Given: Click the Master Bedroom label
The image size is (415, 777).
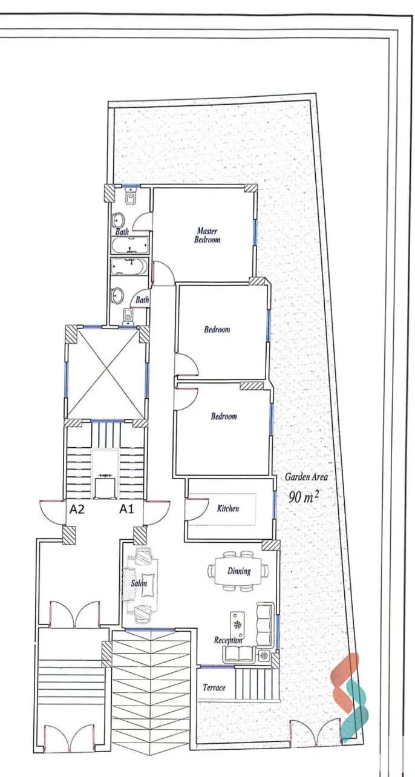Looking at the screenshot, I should coord(207,235).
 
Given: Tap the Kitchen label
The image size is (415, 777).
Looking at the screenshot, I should coord(227,508).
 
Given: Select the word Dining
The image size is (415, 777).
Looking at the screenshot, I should coord(239,571).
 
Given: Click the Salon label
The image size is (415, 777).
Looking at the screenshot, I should coord(139,583).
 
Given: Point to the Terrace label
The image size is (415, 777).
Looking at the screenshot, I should coord(214,687).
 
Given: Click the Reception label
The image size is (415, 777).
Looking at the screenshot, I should coord(228,640).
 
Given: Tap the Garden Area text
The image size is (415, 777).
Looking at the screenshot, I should coord(306,477).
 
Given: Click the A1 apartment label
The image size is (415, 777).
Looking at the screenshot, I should coord(126,509).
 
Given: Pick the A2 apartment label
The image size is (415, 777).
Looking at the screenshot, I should coord(77,509).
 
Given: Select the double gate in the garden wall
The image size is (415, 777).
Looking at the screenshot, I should coord(313,733).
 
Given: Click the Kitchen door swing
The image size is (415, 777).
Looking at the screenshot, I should coord(195,508).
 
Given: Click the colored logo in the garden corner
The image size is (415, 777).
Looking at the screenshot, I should coord(351,696).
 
